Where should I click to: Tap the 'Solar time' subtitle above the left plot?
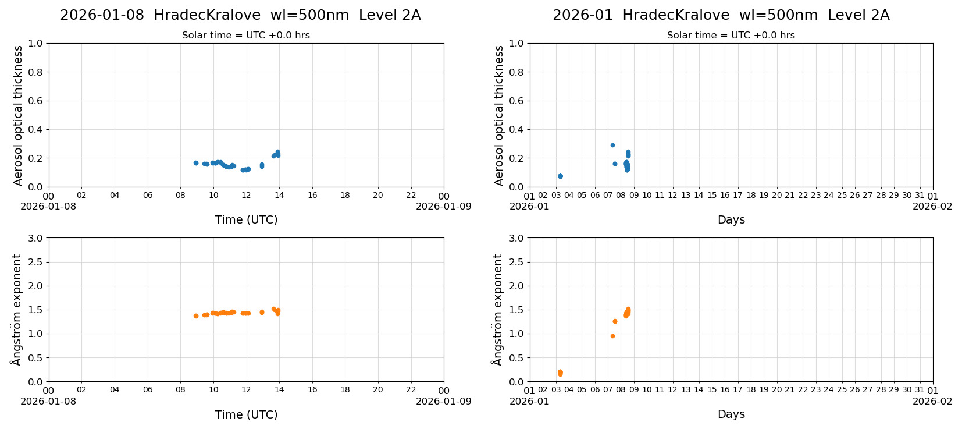tap(246, 36)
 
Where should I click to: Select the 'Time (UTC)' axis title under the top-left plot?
tap(246, 219)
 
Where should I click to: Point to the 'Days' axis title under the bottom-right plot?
tap(731, 414)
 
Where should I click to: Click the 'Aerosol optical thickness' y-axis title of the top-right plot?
tap(499, 115)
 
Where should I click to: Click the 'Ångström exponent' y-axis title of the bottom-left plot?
tap(16, 310)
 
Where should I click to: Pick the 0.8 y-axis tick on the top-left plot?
tap(35, 72)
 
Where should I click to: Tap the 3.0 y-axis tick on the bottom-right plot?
tap(516, 238)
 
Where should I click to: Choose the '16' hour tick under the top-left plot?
tap(312, 196)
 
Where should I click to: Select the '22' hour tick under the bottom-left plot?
tap(411, 390)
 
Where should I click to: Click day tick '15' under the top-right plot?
tap(712, 196)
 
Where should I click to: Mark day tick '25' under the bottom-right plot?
tap(842, 390)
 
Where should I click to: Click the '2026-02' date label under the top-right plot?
tap(932, 206)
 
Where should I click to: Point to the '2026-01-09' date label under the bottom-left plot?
tap(443, 401)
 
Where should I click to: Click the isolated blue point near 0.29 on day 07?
tap(612, 145)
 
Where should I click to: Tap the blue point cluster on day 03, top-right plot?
tap(560, 176)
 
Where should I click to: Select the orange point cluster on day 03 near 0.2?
tap(560, 373)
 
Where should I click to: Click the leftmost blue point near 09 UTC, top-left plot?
tap(195, 163)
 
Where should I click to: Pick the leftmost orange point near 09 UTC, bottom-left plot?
tap(196, 315)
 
